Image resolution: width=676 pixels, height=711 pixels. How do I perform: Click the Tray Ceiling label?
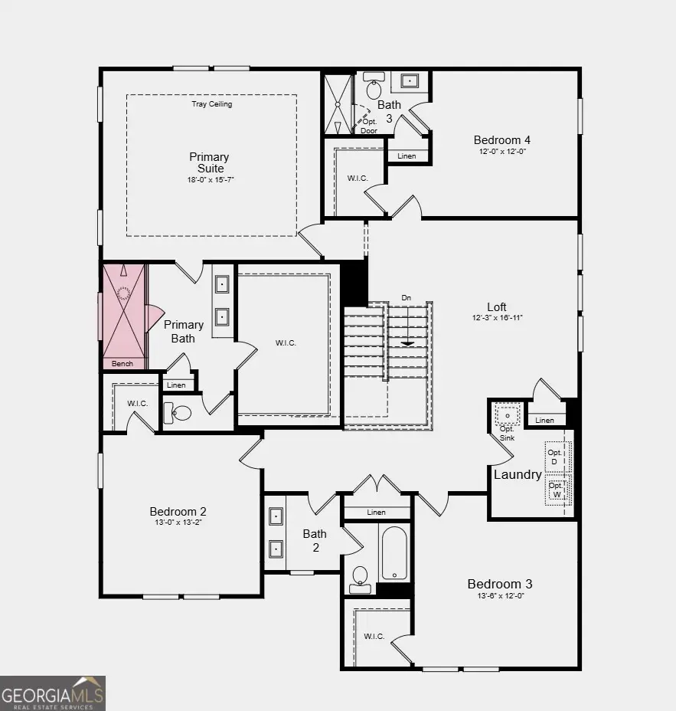(x=211, y=104)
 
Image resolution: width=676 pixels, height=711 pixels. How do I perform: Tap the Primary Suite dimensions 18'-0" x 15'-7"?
(x=209, y=180)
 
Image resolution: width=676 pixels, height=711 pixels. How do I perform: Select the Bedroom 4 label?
(x=501, y=139)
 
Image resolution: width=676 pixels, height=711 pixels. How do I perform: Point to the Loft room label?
(x=496, y=307)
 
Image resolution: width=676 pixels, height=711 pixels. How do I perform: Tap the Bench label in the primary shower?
(x=122, y=364)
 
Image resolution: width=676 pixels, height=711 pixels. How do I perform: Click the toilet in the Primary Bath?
(x=178, y=414)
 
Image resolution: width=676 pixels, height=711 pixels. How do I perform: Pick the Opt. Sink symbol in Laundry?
(x=508, y=414)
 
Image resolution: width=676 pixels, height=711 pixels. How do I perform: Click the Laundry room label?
(x=518, y=474)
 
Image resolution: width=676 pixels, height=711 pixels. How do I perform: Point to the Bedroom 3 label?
(x=500, y=584)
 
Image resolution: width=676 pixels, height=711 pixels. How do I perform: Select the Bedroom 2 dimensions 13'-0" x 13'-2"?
(x=178, y=523)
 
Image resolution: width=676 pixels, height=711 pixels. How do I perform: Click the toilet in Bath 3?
(x=374, y=87)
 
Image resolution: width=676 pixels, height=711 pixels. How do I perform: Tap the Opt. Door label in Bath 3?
(x=369, y=126)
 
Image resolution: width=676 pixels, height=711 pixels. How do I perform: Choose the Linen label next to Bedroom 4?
(x=407, y=156)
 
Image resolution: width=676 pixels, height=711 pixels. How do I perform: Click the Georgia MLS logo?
(x=52, y=693)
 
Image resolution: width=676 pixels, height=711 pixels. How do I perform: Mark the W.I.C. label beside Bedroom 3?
(x=374, y=636)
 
